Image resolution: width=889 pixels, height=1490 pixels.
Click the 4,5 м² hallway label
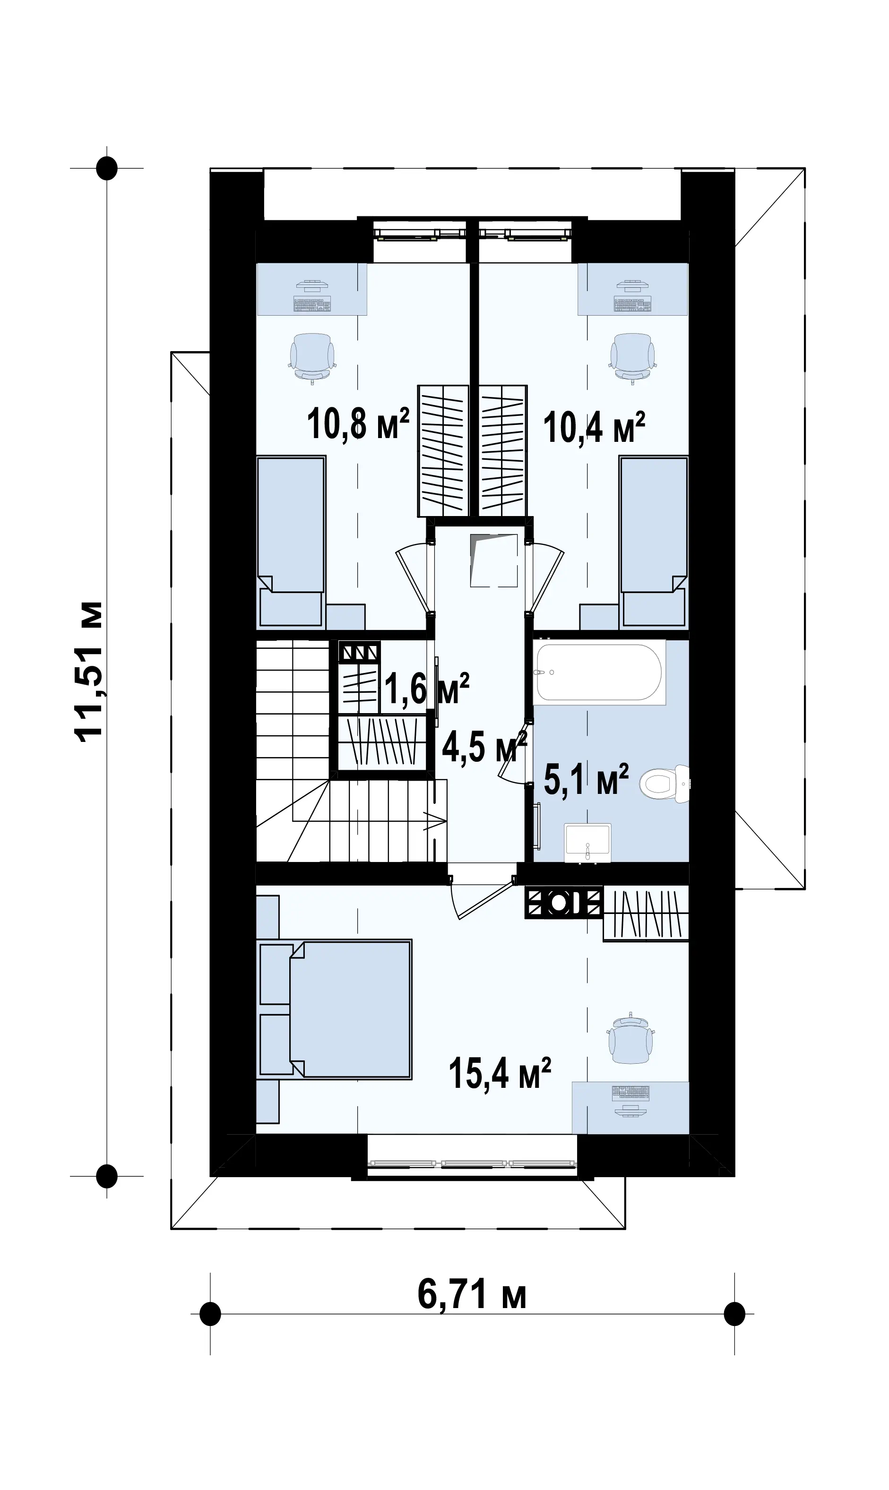(484, 746)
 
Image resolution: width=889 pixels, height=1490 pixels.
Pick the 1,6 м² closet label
(426, 688)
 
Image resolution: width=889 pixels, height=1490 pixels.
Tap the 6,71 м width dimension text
(472, 1295)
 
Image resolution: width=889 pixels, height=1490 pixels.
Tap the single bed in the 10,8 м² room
(291, 542)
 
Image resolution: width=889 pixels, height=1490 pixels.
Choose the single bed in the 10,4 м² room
(654, 542)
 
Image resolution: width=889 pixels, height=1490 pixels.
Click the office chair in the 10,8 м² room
(312, 358)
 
